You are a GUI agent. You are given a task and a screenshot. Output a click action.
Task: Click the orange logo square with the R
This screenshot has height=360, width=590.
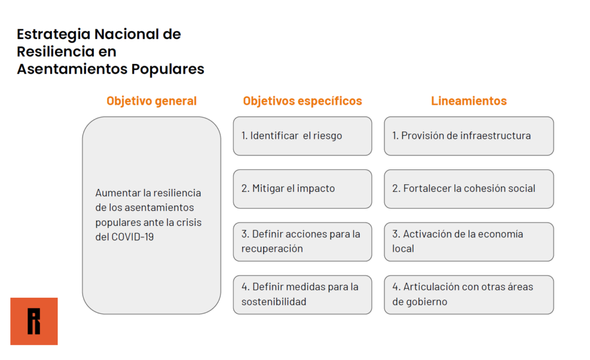pos(34,321)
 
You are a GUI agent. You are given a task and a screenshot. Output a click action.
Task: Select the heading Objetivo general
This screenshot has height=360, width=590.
pos(152,101)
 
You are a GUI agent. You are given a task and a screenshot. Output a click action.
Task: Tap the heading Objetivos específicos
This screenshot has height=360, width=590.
pos(302,101)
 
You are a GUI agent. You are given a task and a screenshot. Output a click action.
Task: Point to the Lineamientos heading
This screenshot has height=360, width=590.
pos(469,101)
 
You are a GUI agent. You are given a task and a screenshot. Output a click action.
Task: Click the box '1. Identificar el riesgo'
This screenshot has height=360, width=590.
pos(302,136)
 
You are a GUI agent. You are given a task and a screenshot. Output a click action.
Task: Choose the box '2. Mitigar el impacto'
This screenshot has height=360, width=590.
pos(302,189)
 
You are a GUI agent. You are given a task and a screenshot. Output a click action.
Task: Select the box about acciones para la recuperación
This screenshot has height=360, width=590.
pos(302,242)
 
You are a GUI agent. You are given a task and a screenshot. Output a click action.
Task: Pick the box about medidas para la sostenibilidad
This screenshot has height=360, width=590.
pos(302,294)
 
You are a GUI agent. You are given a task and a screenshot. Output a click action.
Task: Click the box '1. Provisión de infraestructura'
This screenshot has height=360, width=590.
pos(469,136)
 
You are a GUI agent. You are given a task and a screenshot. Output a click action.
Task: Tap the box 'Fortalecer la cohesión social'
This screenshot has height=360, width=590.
pos(469,189)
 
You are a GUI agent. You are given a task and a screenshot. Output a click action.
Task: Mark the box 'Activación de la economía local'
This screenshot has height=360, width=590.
pos(469,242)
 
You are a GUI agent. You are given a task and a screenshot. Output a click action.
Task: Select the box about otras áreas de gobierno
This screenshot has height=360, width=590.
pos(469,294)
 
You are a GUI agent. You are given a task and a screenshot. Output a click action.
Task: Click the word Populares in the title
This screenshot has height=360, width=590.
pos(168,70)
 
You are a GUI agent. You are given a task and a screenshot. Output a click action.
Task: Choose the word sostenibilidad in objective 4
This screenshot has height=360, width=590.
pos(274,302)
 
